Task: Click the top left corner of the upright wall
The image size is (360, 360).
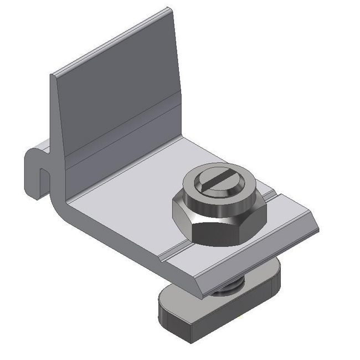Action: [x=53, y=75]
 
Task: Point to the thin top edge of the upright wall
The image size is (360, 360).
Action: [x=111, y=42]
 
